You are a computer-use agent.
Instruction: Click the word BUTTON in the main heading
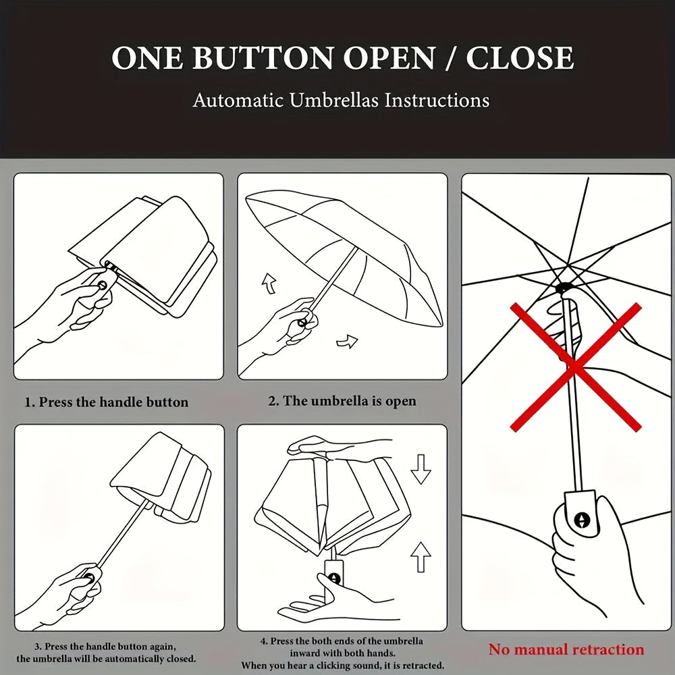[263, 57]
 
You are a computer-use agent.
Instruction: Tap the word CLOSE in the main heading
[520, 57]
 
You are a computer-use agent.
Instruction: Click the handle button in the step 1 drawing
[103, 285]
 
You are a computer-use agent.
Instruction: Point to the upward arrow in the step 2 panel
[269, 284]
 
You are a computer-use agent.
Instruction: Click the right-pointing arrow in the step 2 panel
[347, 342]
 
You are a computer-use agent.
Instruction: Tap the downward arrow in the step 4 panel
[421, 470]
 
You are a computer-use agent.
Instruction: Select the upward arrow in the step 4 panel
[421, 557]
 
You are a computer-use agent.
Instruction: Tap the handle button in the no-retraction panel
[582, 520]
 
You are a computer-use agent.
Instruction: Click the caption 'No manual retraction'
[566, 649]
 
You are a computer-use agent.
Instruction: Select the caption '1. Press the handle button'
[107, 402]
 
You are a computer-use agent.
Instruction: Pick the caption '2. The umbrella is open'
[342, 401]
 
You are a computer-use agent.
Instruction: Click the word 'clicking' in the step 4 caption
[333, 666]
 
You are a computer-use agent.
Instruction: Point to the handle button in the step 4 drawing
[335, 579]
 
